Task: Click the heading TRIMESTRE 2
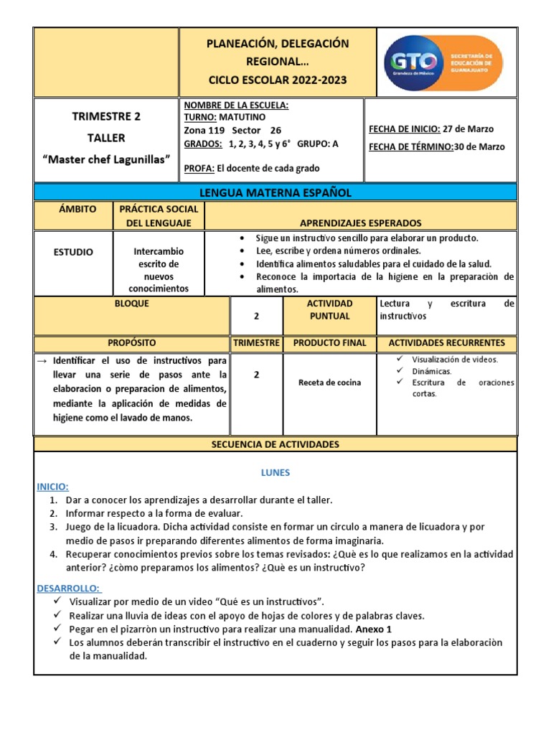click(106, 117)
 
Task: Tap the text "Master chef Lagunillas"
click(106, 158)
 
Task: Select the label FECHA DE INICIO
click(404, 129)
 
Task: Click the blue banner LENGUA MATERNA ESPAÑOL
click(275, 192)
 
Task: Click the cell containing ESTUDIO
click(72, 252)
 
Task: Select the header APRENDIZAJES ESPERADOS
click(360, 223)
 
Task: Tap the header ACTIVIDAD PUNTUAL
click(330, 309)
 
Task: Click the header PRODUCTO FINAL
click(330, 343)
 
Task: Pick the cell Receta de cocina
click(330, 383)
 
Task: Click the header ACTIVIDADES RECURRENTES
click(446, 343)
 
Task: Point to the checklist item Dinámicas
click(432, 371)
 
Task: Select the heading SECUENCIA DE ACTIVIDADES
click(275, 445)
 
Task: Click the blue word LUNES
click(275, 473)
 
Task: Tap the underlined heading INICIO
click(52, 487)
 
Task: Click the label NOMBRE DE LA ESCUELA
click(236, 106)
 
